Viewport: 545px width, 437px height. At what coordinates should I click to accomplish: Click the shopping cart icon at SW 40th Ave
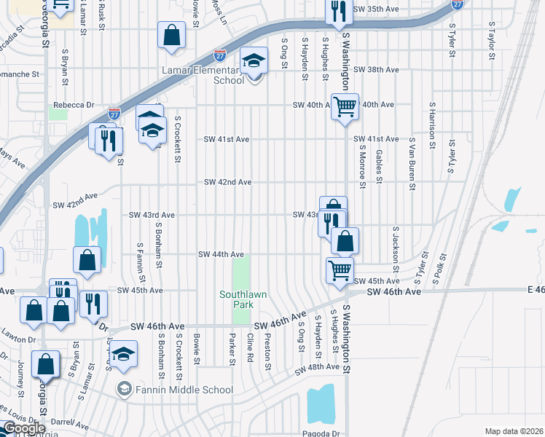345,107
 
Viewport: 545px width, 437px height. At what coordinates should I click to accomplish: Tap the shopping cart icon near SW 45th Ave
340,270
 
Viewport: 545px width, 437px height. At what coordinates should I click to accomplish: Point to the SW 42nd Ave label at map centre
227,182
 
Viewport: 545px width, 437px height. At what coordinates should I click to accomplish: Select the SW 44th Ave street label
222,254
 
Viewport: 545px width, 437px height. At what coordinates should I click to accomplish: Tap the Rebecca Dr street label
74,105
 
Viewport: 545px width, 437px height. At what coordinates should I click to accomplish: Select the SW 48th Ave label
317,368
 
